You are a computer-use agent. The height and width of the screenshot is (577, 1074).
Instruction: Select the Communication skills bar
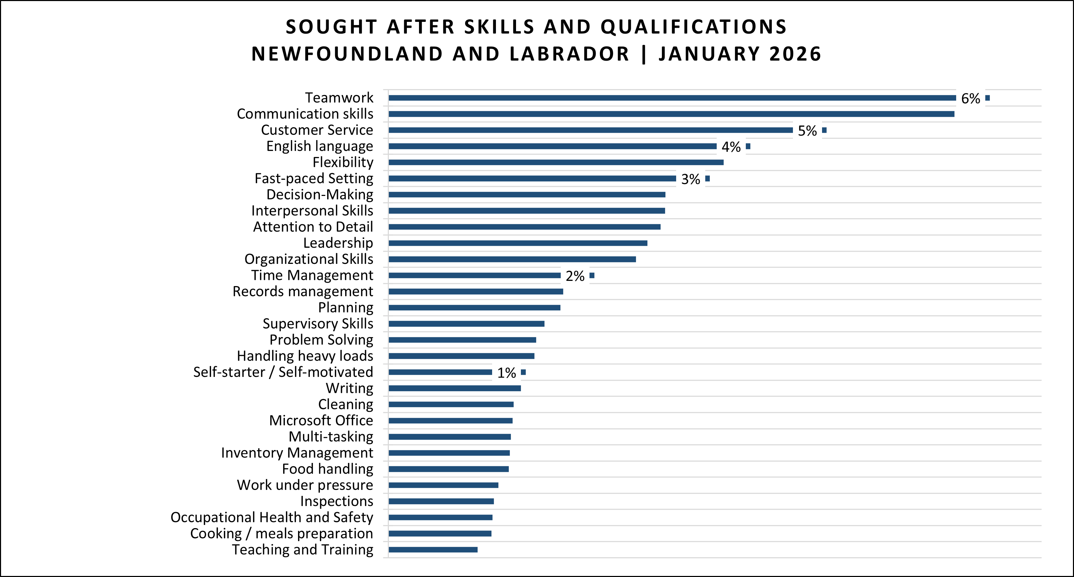[671, 114]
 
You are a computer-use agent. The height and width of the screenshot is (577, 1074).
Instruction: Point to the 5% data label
[807, 131]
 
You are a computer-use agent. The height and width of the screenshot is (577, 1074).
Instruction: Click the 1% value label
[507, 372]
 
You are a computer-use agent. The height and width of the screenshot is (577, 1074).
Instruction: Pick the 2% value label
[575, 276]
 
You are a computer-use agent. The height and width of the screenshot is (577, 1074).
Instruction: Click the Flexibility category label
[343, 162]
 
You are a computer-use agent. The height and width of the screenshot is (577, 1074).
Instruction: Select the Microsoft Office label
[321, 420]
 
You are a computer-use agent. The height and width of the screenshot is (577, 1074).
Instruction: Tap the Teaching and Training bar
[433, 550]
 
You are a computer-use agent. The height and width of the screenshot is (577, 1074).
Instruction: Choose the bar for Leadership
[518, 243]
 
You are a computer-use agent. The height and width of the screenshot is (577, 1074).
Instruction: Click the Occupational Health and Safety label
[272, 517]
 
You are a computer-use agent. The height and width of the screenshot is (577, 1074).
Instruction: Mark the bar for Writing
[454, 388]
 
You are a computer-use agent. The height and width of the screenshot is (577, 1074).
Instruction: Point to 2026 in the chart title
[795, 54]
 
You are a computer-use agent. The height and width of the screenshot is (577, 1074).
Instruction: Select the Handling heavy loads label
[305, 355]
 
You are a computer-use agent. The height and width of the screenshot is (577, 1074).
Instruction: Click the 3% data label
[690, 179]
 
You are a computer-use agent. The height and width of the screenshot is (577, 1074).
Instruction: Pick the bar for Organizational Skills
[512, 259]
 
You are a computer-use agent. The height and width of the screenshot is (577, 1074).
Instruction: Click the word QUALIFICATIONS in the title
[693, 27]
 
